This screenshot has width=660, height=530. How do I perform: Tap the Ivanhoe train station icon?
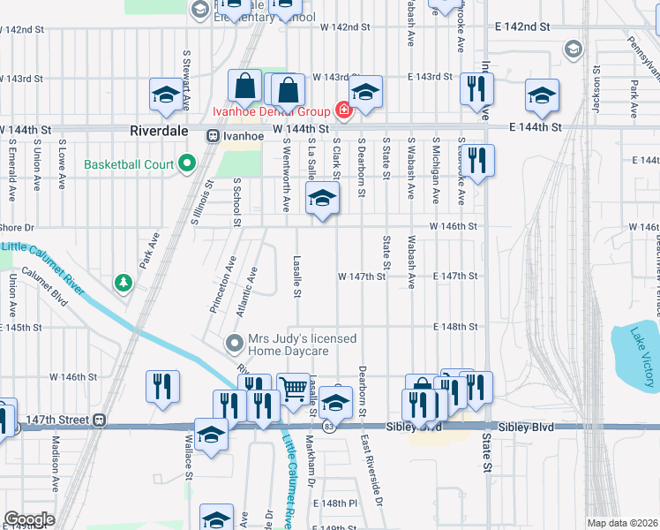pyautogui.click(x=213, y=136)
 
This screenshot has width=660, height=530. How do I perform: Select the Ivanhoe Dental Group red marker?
pyautogui.click(x=341, y=111)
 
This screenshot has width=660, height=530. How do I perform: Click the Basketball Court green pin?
pyautogui.click(x=186, y=163)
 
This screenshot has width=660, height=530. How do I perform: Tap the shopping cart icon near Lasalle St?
pyautogui.click(x=294, y=388)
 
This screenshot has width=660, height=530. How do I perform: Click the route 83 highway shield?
pyautogui.click(x=328, y=427)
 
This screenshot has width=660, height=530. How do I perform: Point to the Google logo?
pyautogui.click(x=29, y=519)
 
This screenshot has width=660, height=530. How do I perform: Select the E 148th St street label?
pyautogui.click(x=454, y=326)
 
